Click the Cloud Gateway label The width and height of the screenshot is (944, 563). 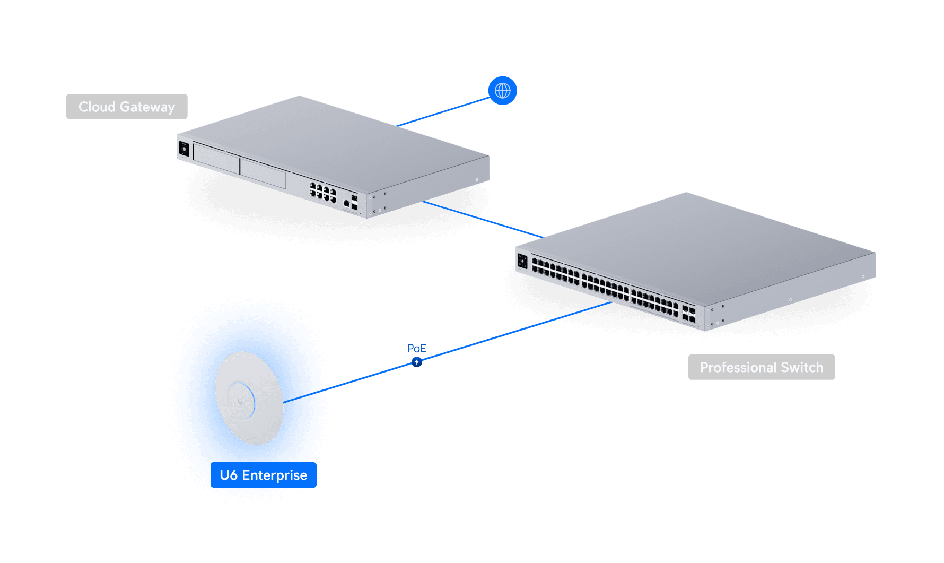click(127, 107)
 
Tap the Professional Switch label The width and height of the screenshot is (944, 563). click(761, 367)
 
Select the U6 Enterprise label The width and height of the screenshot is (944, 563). click(263, 475)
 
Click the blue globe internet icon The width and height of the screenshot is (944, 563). click(502, 91)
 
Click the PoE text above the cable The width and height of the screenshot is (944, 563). click(417, 348)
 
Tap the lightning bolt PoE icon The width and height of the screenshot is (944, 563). click(417, 362)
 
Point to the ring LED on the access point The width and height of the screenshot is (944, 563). click(241, 401)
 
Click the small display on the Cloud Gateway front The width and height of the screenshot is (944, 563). click(184, 149)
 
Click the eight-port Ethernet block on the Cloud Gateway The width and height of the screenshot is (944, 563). click(323, 192)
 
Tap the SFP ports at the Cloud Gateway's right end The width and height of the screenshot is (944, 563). click(354, 202)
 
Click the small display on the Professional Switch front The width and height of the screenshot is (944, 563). click(522, 261)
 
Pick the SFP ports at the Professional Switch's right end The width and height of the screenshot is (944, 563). click(689, 314)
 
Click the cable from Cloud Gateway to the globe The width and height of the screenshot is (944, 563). click(443, 112)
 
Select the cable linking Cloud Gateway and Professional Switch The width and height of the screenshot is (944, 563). click(480, 218)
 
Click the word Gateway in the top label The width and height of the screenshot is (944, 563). click(147, 107)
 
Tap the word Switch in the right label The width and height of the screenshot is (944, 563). click(802, 367)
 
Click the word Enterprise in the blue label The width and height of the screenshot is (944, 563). click(274, 475)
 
